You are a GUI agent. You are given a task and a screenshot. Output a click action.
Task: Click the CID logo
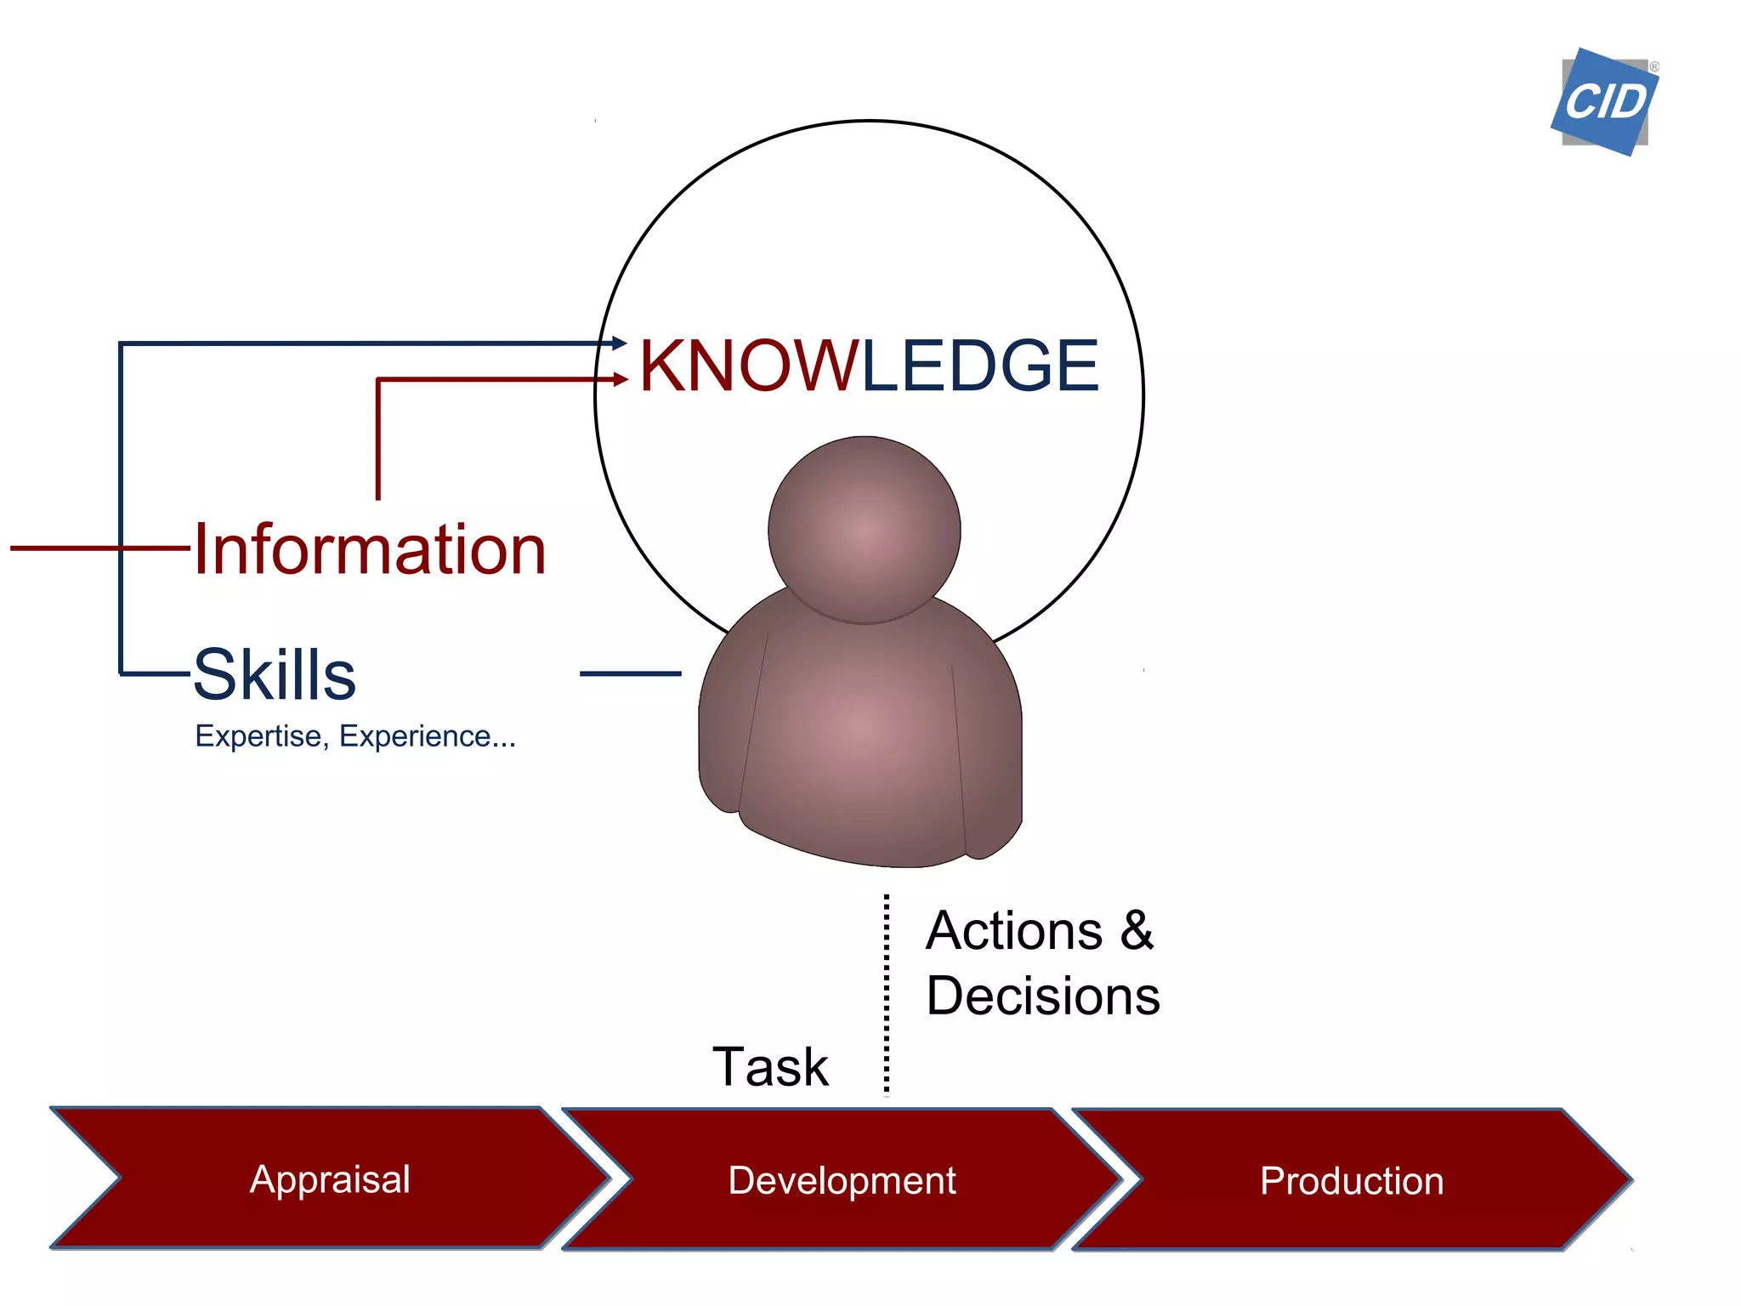[x=1604, y=103]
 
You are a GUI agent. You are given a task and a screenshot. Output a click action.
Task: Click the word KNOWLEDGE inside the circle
[x=869, y=366]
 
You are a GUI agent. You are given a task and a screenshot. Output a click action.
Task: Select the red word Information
[x=370, y=550]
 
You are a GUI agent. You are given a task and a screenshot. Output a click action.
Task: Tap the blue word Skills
[x=275, y=674]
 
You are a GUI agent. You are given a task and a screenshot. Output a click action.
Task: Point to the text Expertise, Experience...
[x=354, y=736]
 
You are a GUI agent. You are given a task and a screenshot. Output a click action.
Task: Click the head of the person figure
[x=865, y=530]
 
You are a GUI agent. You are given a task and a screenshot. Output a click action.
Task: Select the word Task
[x=770, y=1067]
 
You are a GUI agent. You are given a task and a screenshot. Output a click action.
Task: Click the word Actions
[x=1014, y=931]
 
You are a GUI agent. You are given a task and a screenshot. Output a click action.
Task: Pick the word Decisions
[x=1043, y=997]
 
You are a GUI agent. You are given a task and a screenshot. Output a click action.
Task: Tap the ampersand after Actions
[x=1137, y=931]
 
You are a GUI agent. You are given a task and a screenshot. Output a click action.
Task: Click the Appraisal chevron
[x=330, y=1179]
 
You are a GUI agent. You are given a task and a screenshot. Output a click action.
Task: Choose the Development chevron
[x=842, y=1180]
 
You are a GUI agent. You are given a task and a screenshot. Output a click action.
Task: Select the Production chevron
[x=1352, y=1181]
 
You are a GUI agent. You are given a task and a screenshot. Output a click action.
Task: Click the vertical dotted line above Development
[x=887, y=995]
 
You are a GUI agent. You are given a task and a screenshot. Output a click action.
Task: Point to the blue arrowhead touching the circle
[x=620, y=344]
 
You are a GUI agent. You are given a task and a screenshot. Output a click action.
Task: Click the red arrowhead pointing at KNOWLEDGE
[x=621, y=379]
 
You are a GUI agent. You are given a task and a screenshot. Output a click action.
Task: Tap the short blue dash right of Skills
[x=630, y=673]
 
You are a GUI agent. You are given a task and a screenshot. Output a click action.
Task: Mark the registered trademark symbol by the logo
[x=1654, y=66]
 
